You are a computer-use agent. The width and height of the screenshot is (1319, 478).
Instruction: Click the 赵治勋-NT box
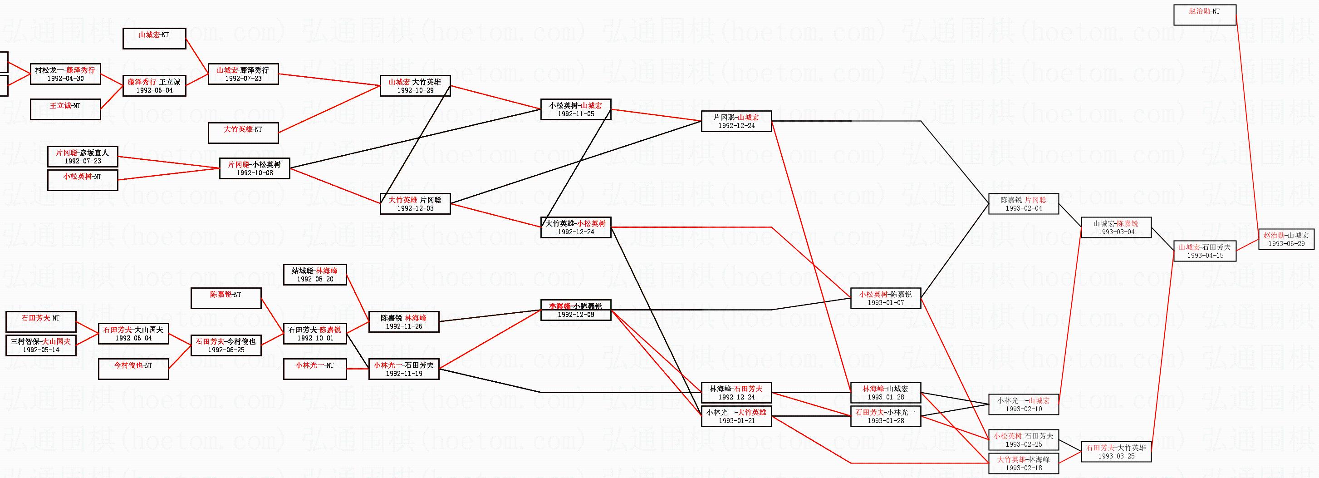(1204, 15)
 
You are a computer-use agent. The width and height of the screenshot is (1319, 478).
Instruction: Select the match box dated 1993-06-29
(1286, 239)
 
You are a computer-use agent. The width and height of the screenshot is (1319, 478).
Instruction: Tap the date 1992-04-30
(65, 79)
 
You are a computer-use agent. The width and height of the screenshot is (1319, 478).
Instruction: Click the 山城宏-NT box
(154, 39)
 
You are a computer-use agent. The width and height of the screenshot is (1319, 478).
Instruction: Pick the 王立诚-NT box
(65, 109)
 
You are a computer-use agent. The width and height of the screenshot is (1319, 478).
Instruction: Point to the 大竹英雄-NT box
(243, 133)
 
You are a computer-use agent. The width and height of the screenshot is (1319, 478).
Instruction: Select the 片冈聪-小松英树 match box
(255, 168)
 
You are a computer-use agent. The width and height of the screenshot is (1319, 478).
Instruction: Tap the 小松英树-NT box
(83, 180)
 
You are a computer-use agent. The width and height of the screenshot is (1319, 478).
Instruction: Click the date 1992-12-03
(415, 208)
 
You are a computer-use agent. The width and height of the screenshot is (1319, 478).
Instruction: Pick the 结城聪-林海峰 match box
(314, 275)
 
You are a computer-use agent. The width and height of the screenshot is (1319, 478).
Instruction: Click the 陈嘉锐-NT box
(226, 298)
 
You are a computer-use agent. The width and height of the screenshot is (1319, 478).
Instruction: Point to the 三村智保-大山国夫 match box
(41, 345)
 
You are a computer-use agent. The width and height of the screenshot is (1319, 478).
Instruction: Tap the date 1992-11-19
(403, 374)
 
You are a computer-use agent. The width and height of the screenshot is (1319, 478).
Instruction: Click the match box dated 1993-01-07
(885, 298)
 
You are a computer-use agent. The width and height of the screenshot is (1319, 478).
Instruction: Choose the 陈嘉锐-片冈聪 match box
(1023, 204)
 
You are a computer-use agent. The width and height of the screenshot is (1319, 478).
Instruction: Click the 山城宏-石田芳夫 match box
(1204, 251)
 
